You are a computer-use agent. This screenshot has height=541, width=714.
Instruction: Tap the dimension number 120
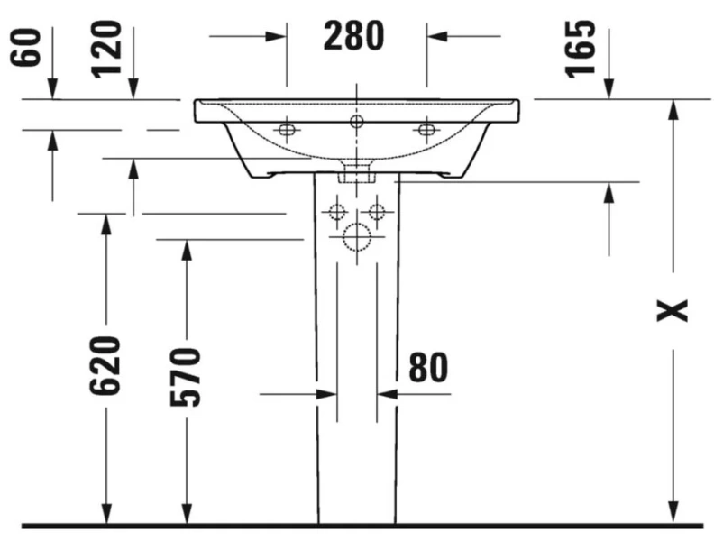coord(108,47)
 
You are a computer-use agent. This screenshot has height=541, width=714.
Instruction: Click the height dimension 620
coord(106,364)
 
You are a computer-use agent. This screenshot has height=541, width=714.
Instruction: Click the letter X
coord(672,309)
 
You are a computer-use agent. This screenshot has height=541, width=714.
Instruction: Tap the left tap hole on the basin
coord(287,131)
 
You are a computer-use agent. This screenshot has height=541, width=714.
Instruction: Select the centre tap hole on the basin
coord(356,121)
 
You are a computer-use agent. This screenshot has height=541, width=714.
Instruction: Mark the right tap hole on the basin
coord(426,131)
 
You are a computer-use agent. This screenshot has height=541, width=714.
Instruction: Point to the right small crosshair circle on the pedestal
coord(377,213)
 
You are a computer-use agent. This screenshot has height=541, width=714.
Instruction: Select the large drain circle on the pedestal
coord(357,238)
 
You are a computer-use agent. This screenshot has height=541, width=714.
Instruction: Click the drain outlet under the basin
coord(357,172)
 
